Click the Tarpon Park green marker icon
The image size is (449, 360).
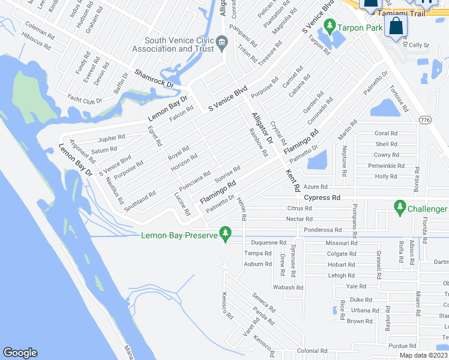coord(329,27)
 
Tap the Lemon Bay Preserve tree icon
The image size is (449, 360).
coord(226,233)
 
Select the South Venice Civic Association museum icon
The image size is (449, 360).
coord(222,42)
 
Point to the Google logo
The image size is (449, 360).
coord(20,353)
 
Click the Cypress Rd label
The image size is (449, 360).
coord(322,197)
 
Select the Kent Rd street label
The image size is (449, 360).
coord(292,181)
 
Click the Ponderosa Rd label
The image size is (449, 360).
coord(322,230)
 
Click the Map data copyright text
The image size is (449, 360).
coord(423,355)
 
